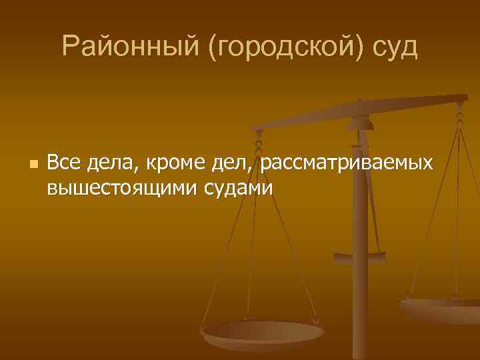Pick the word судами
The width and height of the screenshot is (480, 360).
[237, 188]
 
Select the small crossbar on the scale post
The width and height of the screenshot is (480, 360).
[359, 256]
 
